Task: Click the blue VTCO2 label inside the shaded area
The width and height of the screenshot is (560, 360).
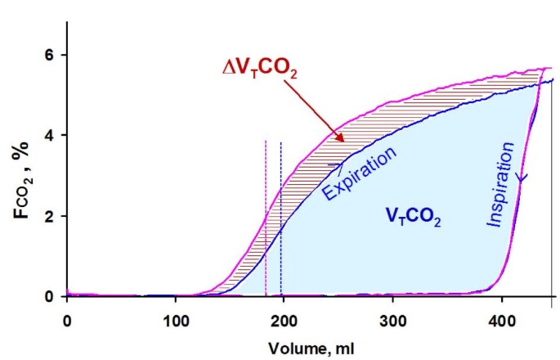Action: tap(414, 217)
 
